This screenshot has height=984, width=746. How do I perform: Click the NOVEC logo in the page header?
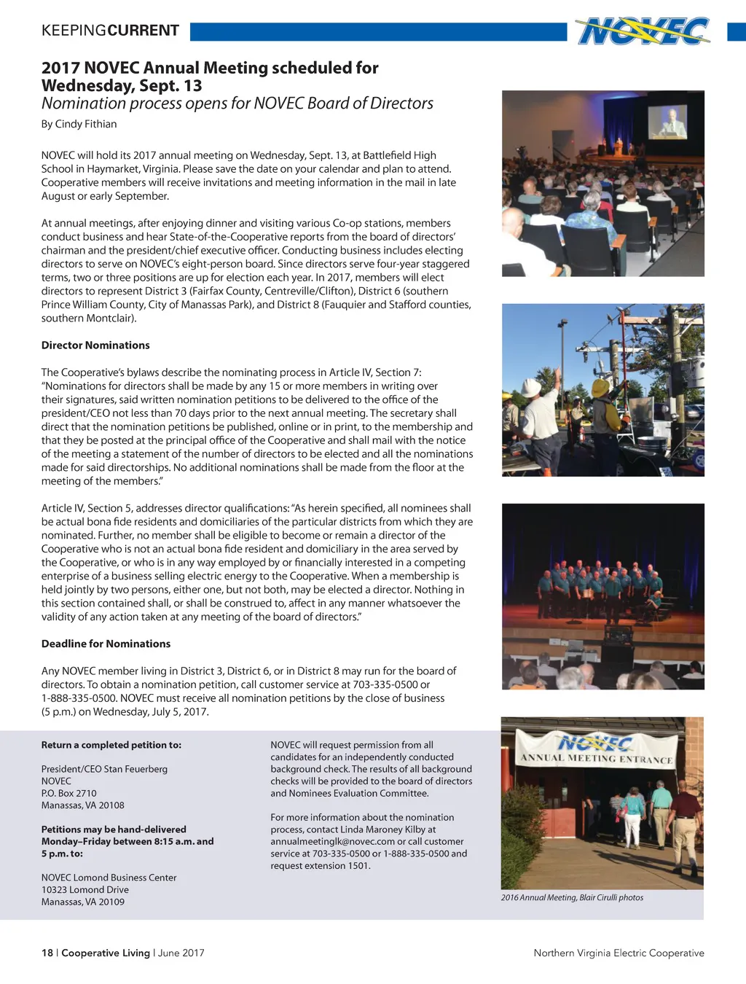pos(643,31)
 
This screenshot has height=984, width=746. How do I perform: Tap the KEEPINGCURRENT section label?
pos(110,31)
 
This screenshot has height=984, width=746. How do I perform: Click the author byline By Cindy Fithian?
pos(79,124)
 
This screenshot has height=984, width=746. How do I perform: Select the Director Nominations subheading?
pos(95,345)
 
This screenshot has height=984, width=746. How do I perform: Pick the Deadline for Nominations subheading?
pos(106,644)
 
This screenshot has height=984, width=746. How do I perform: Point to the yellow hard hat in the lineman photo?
pos(602,388)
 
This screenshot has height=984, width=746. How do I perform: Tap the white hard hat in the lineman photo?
pos(532,387)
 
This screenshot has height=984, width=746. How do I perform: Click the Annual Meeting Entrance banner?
pos(596,751)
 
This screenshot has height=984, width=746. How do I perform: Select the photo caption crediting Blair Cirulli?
pos(572,897)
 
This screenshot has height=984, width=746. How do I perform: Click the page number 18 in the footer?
pos(47,953)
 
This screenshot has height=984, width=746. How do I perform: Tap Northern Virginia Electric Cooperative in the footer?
pos(619,953)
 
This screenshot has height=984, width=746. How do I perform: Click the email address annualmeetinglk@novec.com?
pos(332,841)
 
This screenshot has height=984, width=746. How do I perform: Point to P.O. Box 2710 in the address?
pos(68,793)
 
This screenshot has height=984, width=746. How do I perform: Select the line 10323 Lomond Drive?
pos(85,889)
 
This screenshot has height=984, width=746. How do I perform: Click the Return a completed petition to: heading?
pos(111,745)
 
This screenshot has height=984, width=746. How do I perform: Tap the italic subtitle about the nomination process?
pos(237,104)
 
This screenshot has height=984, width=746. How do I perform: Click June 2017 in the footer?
pos(181,953)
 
